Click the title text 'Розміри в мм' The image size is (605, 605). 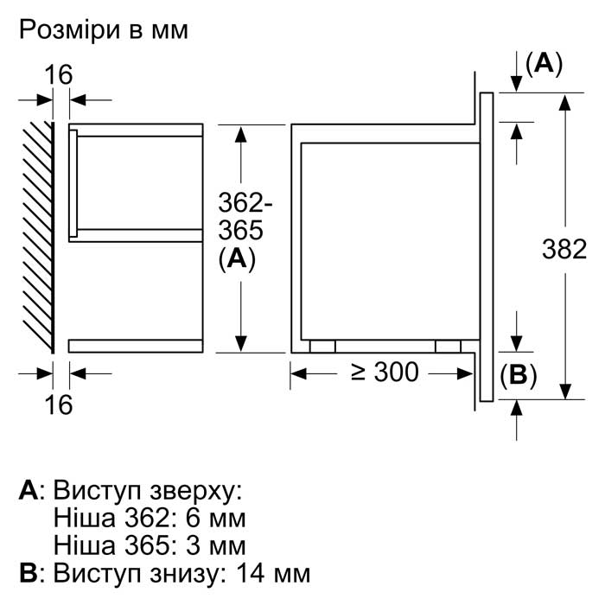(104, 30)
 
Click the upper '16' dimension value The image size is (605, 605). (58, 75)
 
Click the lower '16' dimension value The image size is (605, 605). (58, 404)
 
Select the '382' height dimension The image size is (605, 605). (564, 249)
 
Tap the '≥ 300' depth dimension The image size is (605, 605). (385, 373)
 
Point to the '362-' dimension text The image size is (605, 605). (245, 202)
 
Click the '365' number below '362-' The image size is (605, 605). (241, 231)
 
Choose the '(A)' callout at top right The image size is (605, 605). (544, 64)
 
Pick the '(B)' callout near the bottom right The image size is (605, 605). (519, 375)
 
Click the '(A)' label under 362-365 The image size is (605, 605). (237, 259)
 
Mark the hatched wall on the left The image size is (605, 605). (38, 238)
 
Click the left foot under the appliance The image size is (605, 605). (322, 347)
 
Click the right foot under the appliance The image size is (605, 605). (448, 347)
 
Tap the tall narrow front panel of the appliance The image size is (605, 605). (487, 247)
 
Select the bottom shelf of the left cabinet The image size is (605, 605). (136, 346)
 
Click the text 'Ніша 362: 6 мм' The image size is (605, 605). (150, 518)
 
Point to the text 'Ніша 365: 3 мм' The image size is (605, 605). (150, 545)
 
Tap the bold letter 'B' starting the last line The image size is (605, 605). (29, 573)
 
